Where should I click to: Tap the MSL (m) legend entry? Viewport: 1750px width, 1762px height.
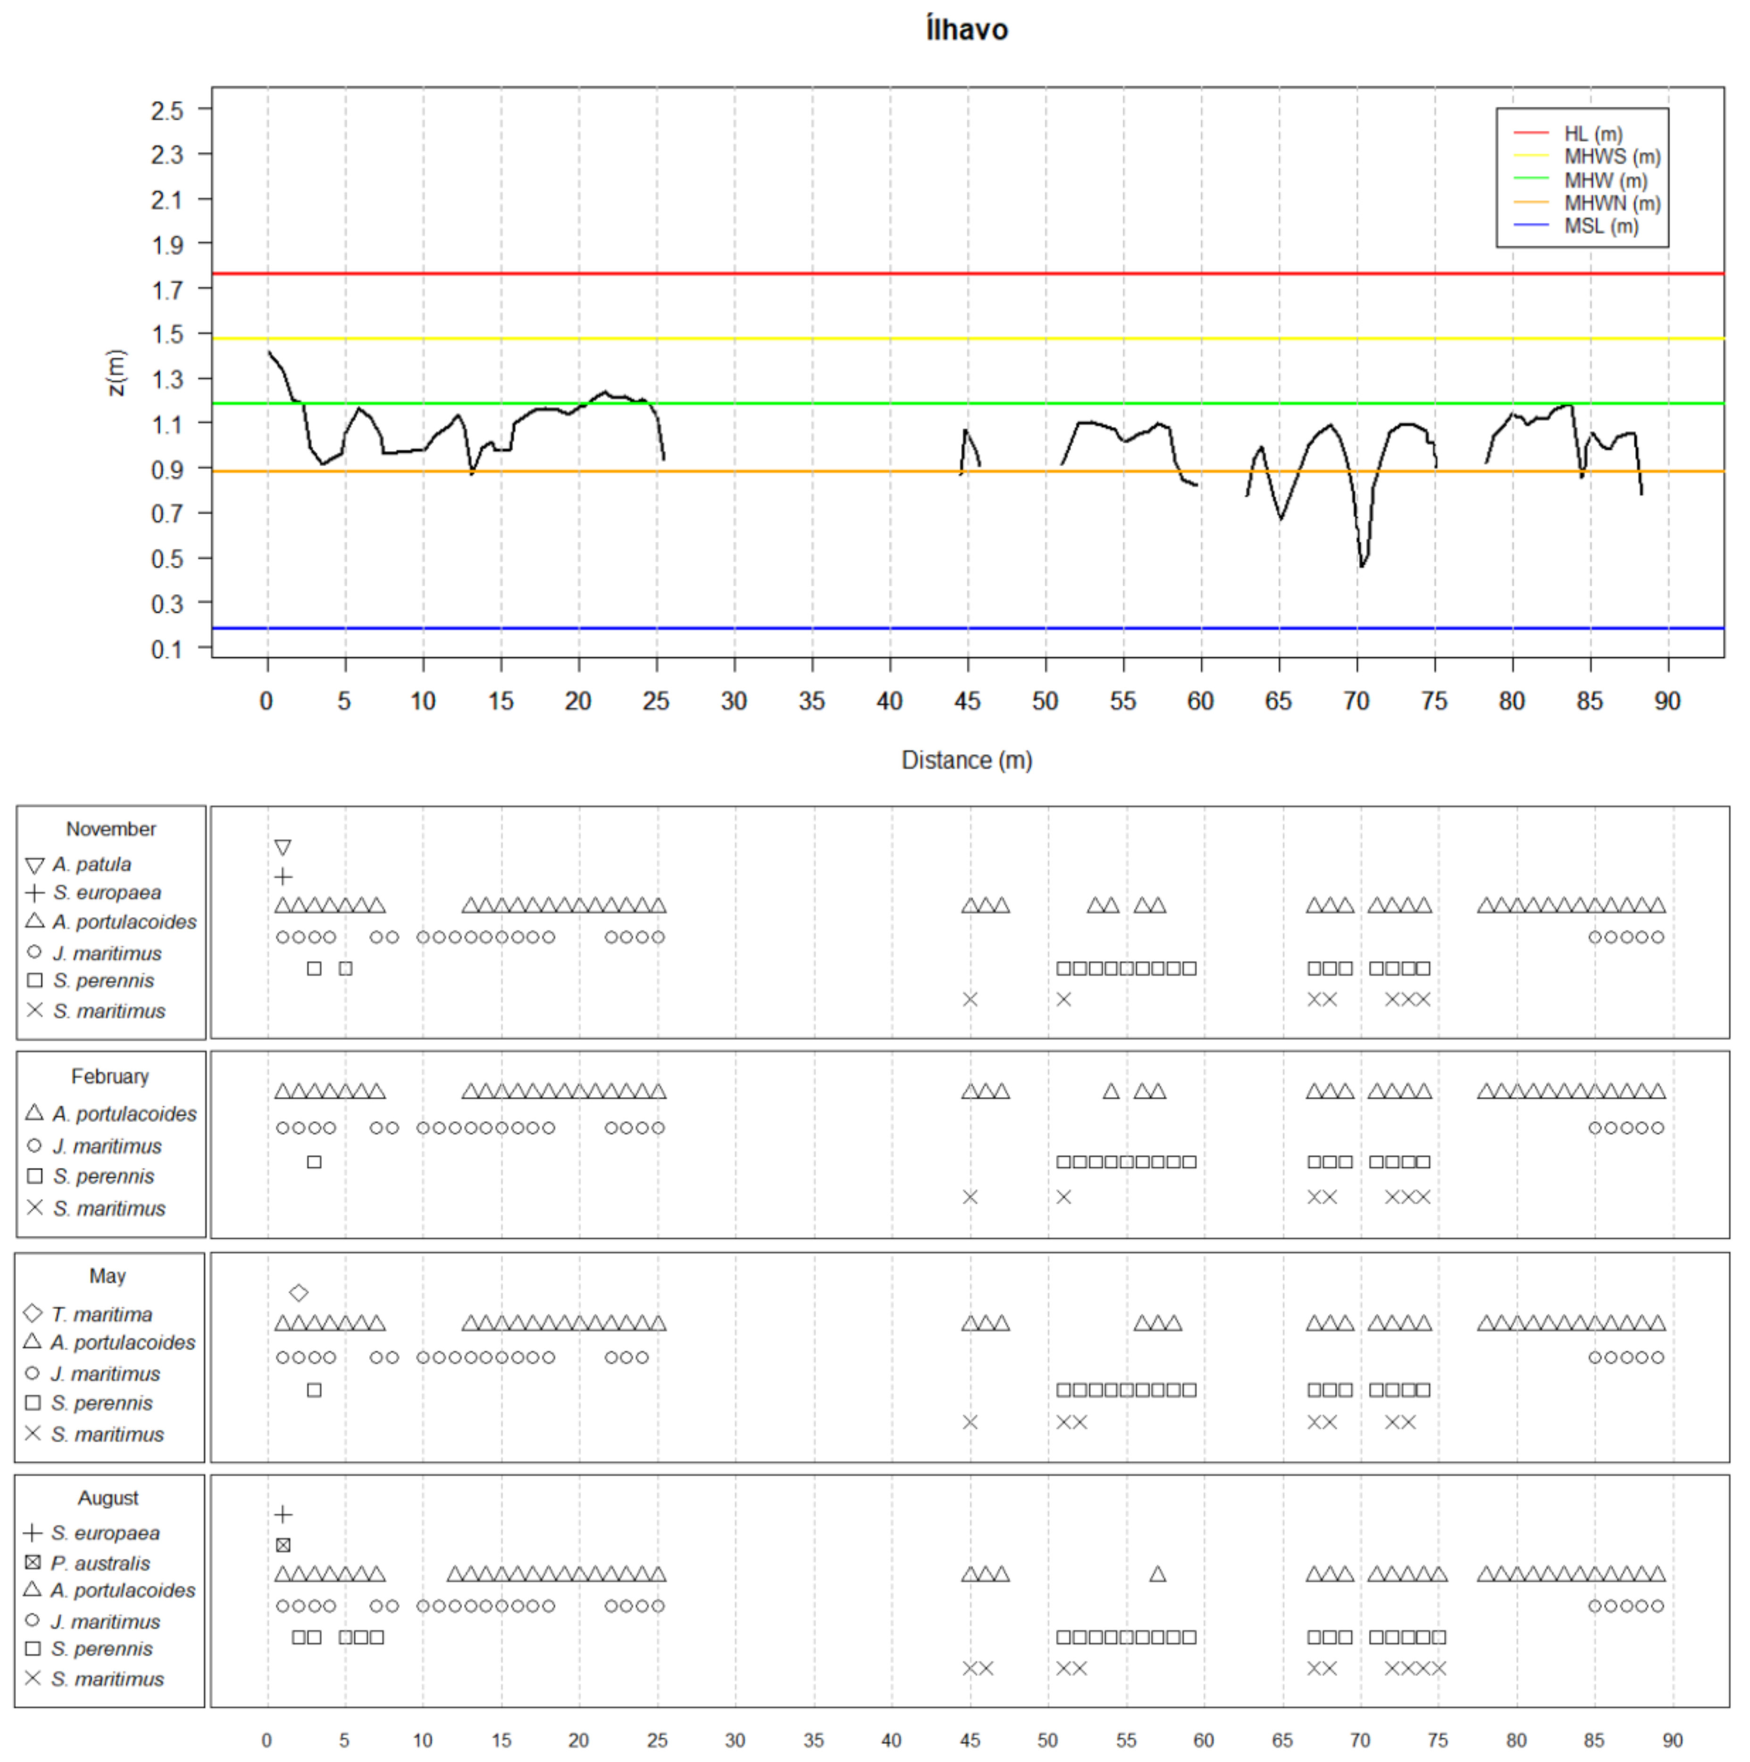(1600, 226)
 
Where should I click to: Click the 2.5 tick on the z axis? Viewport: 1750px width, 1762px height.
(167, 110)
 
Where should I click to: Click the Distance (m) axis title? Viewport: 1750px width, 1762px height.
(967, 760)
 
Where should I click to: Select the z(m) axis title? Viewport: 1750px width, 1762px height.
(116, 372)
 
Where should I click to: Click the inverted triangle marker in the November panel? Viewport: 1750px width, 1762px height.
(283, 847)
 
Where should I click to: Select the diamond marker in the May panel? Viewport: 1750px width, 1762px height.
(298, 1292)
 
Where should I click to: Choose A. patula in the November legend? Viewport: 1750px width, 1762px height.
(91, 864)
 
